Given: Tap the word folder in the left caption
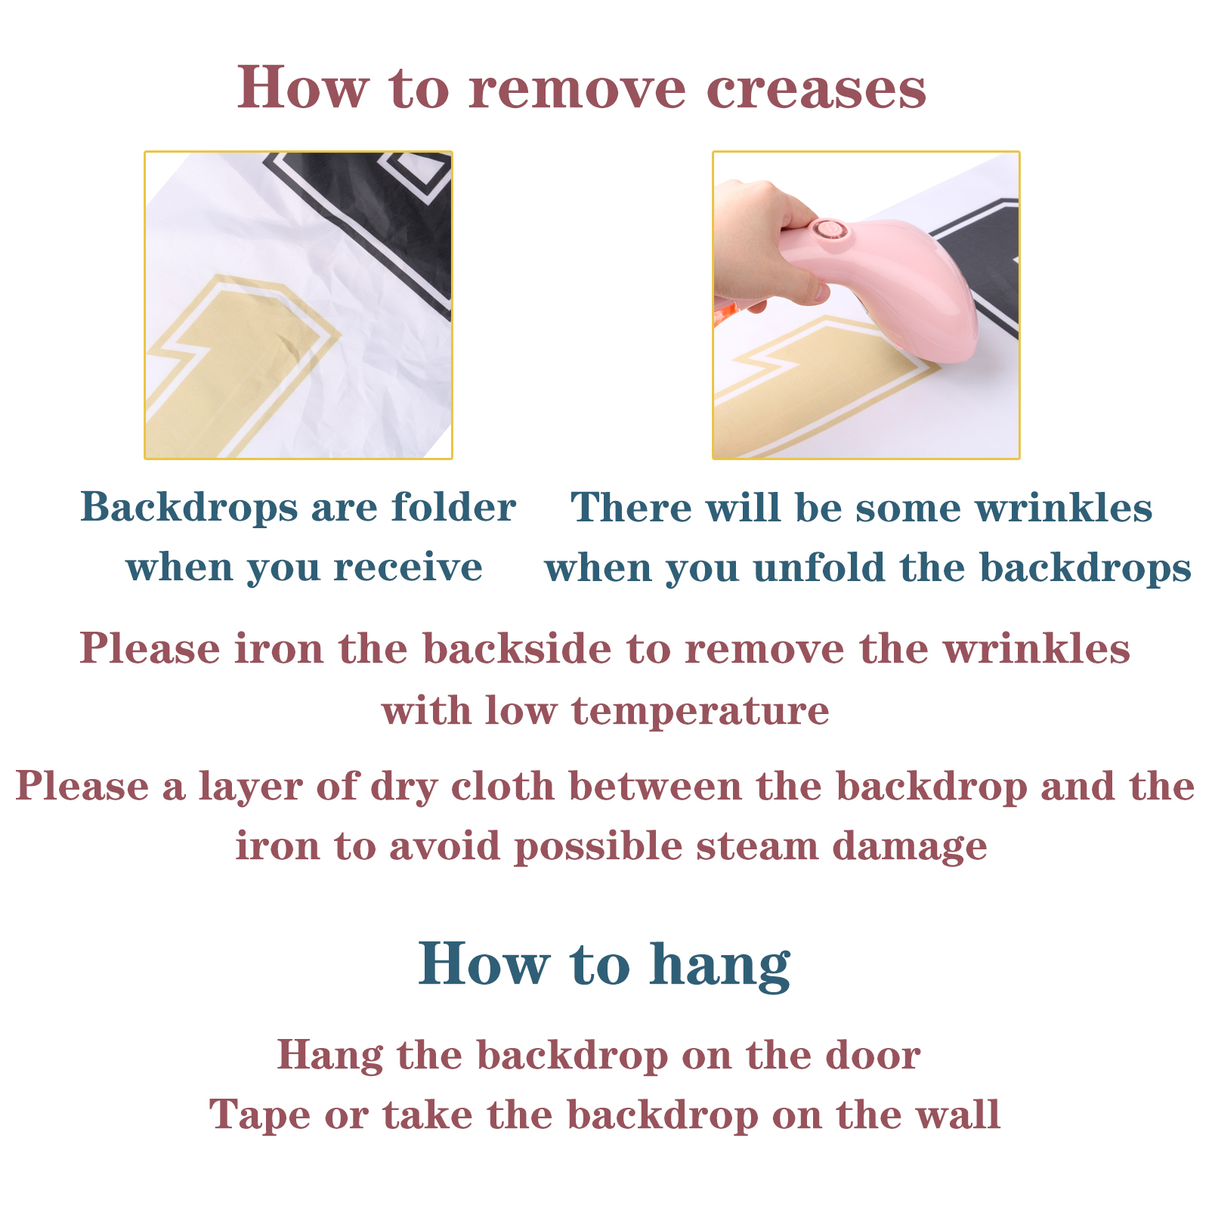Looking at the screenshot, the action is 453,506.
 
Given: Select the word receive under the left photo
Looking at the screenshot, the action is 408,568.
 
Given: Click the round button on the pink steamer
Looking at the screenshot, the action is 826,230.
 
